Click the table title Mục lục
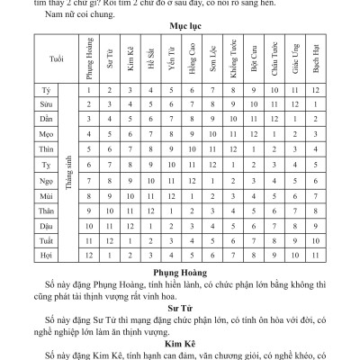180,27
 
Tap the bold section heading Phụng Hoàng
180,270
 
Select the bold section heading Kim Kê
180,342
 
